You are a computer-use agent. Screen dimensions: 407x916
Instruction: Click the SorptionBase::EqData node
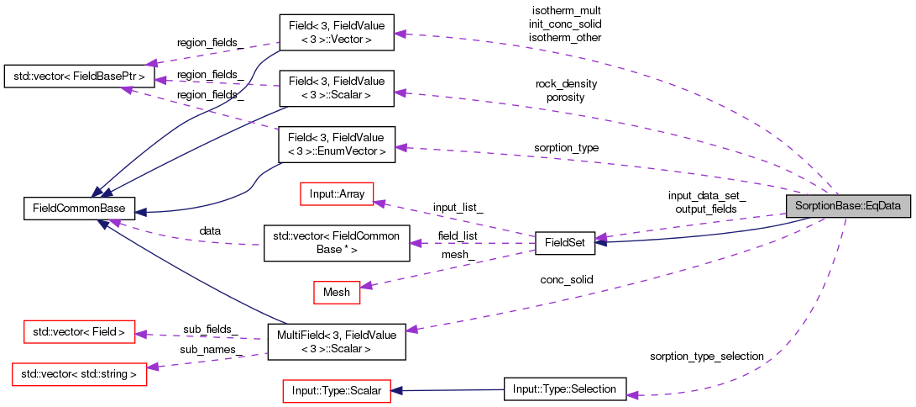click(848, 205)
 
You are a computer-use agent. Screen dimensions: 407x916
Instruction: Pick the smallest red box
click(337, 293)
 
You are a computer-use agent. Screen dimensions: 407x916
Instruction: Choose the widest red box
click(80, 374)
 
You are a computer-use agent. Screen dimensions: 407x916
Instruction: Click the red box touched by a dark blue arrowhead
click(337, 391)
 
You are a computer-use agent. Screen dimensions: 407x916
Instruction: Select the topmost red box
click(337, 193)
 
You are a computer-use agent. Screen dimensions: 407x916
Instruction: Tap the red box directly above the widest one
click(80, 331)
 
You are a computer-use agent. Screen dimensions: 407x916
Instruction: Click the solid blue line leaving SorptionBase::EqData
click(714, 236)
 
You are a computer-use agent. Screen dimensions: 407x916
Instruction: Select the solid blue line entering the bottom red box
click(453, 390)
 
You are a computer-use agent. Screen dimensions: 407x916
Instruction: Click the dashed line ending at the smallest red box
click(445, 267)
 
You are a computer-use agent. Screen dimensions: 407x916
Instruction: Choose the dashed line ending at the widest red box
click(210, 360)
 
